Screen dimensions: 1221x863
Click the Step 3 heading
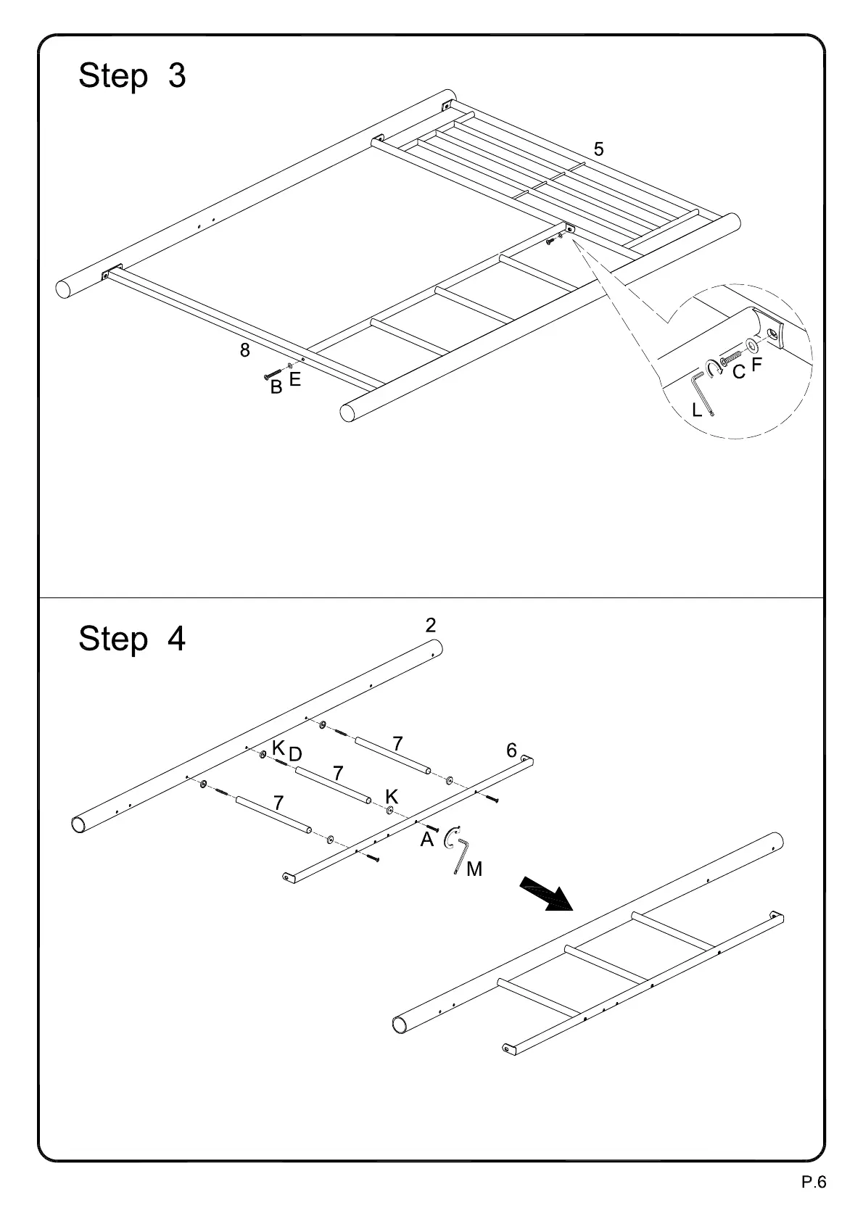coord(132,75)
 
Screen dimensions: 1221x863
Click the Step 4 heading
coord(132,639)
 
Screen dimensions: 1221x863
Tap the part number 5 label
coord(598,149)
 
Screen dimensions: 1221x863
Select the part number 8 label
coord(245,350)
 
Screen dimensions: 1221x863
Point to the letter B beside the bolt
coord(276,388)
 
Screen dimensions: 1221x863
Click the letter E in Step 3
coord(294,379)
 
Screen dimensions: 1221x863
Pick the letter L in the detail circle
coord(697,410)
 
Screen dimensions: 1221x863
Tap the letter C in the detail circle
coord(738,373)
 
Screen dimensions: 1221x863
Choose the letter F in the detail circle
coord(757,365)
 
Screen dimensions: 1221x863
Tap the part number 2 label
coord(431,626)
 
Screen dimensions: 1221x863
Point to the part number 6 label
coord(511,750)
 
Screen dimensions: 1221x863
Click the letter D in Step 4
coord(295,755)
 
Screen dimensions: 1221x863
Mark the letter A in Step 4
coord(427,840)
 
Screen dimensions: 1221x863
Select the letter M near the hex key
coord(474,869)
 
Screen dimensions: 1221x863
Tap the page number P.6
coord(813,1183)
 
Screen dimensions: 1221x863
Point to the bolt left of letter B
coord(273,375)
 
